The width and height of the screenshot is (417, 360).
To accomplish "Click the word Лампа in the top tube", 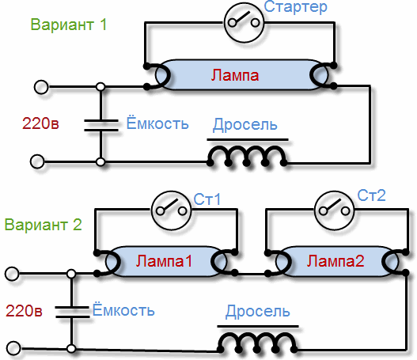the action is [235, 75].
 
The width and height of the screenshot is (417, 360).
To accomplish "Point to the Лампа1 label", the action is [164, 261].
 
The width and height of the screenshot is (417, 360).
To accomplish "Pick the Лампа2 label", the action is [335, 261].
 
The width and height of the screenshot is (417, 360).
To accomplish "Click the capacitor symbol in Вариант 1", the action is [101, 125].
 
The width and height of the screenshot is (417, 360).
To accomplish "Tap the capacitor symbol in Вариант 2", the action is [72, 312].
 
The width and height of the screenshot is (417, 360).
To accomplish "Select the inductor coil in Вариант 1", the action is [247, 157].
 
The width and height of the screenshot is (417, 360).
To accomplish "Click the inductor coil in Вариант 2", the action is [257, 343].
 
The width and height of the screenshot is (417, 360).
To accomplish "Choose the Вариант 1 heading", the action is [69, 25].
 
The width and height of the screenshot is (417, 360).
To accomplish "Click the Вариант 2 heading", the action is [43, 225].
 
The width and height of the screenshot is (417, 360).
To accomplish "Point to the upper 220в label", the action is [40, 123].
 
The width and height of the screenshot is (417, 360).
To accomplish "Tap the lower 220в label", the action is [24, 310].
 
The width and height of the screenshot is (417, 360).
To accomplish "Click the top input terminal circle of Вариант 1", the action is [41, 87].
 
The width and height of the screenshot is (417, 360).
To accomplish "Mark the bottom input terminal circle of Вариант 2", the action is [13, 348].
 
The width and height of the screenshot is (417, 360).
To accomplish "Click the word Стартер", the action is [295, 7].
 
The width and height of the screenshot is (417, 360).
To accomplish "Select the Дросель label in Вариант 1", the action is [245, 124].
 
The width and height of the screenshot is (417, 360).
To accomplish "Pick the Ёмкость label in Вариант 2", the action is [123, 310].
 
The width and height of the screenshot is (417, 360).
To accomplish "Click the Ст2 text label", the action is [371, 195].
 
